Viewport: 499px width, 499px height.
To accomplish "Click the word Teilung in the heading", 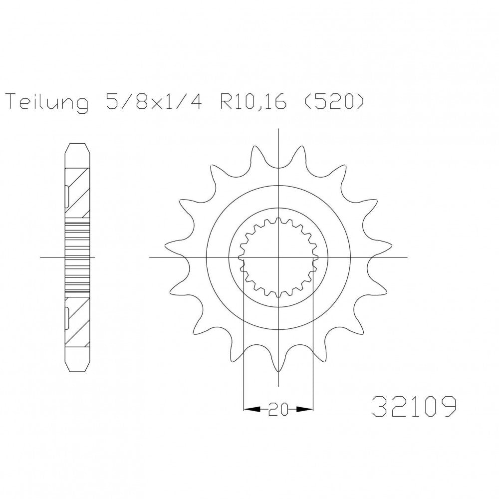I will (x=47, y=103).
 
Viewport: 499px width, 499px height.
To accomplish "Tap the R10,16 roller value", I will (x=249, y=103).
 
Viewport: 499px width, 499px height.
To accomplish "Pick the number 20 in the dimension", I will (x=278, y=410).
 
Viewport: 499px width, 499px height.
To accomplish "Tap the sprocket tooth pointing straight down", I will (x=278, y=379).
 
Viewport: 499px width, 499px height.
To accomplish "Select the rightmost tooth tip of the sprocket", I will (x=389, y=245).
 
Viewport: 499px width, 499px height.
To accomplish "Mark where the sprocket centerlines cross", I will (x=278, y=257).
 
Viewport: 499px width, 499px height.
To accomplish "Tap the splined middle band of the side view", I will (x=78, y=257).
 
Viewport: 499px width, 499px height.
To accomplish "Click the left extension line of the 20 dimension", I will (x=243, y=349).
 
